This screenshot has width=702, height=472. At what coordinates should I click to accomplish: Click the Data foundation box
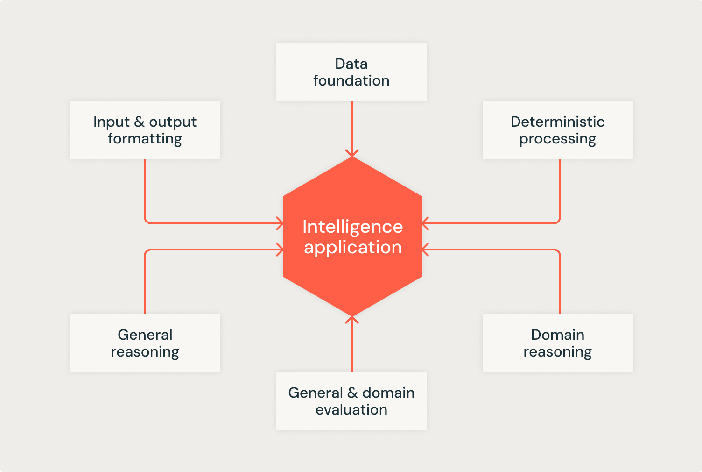(351, 72)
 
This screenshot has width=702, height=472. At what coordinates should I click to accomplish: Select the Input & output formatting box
(145, 129)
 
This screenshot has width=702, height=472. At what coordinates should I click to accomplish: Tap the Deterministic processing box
(557, 129)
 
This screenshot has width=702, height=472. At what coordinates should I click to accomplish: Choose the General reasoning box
(145, 343)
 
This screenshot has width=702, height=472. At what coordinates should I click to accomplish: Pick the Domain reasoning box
(557, 343)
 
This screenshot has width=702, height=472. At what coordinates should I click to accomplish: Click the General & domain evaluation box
(351, 401)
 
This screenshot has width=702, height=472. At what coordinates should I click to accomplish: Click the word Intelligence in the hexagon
(352, 228)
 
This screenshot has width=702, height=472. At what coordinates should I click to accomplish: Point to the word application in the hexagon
(352, 248)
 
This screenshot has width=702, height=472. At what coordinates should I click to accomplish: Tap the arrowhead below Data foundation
(352, 153)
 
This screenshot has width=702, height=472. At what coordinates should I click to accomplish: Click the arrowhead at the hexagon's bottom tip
(352, 320)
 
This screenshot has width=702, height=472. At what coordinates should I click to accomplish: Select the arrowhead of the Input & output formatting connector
(280, 223)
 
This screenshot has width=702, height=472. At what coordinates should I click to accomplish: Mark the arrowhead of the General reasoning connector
(280, 250)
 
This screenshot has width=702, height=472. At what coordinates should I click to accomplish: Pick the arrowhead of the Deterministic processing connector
(425, 223)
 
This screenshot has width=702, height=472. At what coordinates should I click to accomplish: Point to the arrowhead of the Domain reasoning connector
(425, 250)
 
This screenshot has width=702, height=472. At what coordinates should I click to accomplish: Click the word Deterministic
(557, 122)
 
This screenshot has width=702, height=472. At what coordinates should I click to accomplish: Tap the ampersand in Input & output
(139, 122)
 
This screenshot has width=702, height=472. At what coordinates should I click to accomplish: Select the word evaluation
(351, 409)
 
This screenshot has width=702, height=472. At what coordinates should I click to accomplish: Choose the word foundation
(351, 81)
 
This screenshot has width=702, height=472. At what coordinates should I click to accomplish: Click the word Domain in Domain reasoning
(557, 335)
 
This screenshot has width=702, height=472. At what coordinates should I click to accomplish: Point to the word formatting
(145, 139)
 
